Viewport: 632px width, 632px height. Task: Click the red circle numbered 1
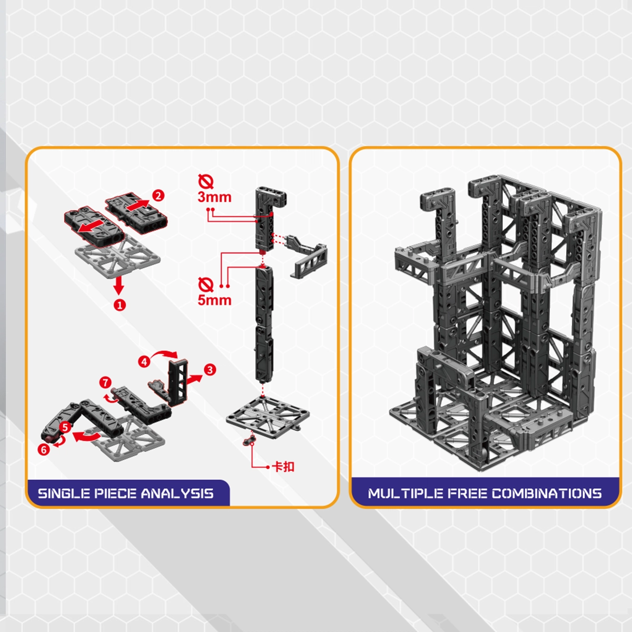pos(120,304)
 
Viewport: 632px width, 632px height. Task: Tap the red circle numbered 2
pos(158,196)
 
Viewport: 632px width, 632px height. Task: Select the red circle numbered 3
pos(210,370)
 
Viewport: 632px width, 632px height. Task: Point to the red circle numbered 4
pos(144,362)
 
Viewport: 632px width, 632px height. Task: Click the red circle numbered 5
pos(65,427)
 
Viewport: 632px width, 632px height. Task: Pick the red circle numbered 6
pos(44,449)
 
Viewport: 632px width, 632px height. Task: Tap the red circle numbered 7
pos(105,382)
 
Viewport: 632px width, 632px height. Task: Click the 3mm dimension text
pos(214,197)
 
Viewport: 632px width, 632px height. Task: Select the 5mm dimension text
pos(214,300)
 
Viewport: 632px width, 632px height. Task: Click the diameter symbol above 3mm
pos(205,182)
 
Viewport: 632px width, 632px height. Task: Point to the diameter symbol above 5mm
pos(205,285)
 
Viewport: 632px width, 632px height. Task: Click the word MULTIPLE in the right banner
pos(406,493)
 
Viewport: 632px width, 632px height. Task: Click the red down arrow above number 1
pos(118,284)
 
